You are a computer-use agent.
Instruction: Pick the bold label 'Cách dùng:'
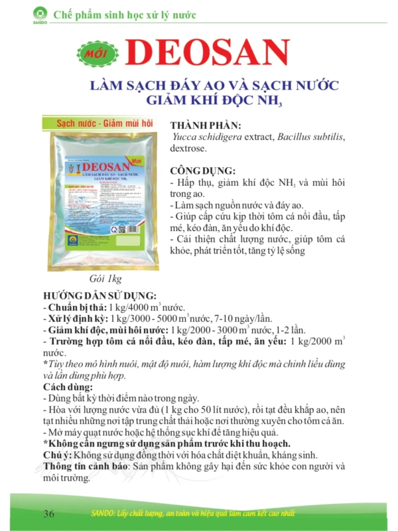coord(66,387)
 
